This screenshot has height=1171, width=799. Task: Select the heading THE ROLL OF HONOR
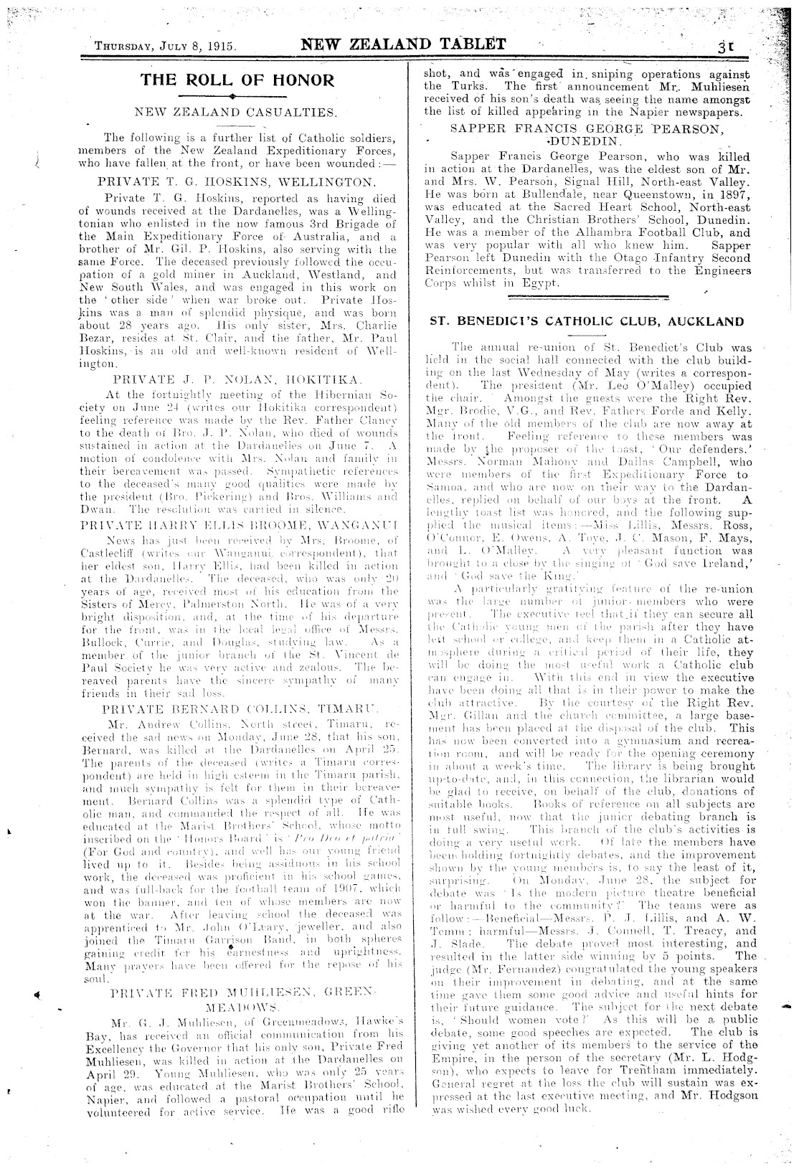point(237,80)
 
